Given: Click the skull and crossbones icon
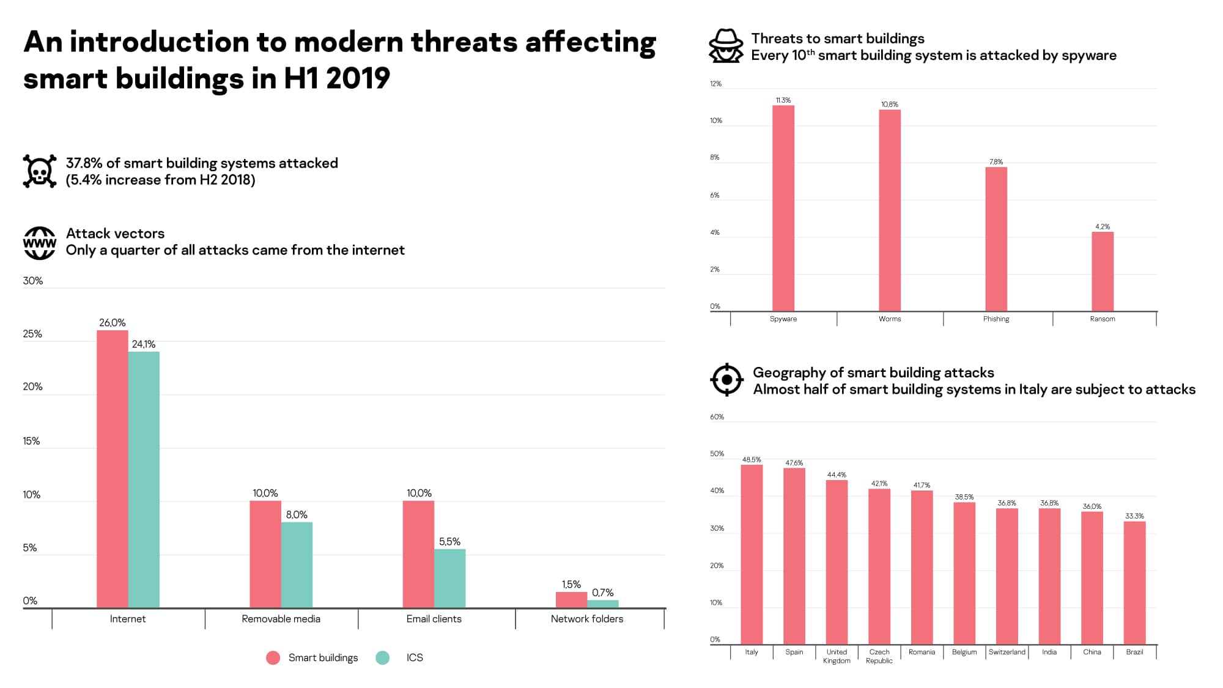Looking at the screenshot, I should click(x=40, y=171).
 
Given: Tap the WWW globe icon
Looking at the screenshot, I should click(x=40, y=243).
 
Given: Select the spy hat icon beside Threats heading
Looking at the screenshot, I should click(x=726, y=46).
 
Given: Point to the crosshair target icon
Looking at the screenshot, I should click(x=726, y=380).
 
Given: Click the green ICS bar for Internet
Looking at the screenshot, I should click(x=144, y=479).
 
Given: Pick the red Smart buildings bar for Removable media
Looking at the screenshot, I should click(x=265, y=554).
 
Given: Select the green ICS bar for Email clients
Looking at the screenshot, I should click(x=449, y=578).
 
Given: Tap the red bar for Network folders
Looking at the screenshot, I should click(x=571, y=599).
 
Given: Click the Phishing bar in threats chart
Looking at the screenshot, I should click(x=996, y=239).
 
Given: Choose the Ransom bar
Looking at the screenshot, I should click(x=1103, y=272).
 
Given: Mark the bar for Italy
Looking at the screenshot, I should click(x=752, y=554).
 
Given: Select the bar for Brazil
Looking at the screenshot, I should click(x=1134, y=582).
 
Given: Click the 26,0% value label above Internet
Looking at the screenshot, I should click(x=113, y=323).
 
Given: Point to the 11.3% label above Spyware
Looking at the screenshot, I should click(x=783, y=100).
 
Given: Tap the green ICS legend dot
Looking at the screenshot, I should click(x=383, y=657).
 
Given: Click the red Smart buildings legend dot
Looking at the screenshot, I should click(x=273, y=657).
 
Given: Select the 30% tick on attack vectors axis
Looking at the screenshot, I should click(x=33, y=281).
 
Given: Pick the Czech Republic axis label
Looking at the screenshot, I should click(x=879, y=656).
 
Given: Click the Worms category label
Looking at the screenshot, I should click(x=890, y=319).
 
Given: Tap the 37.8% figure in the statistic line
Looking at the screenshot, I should click(x=84, y=163).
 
